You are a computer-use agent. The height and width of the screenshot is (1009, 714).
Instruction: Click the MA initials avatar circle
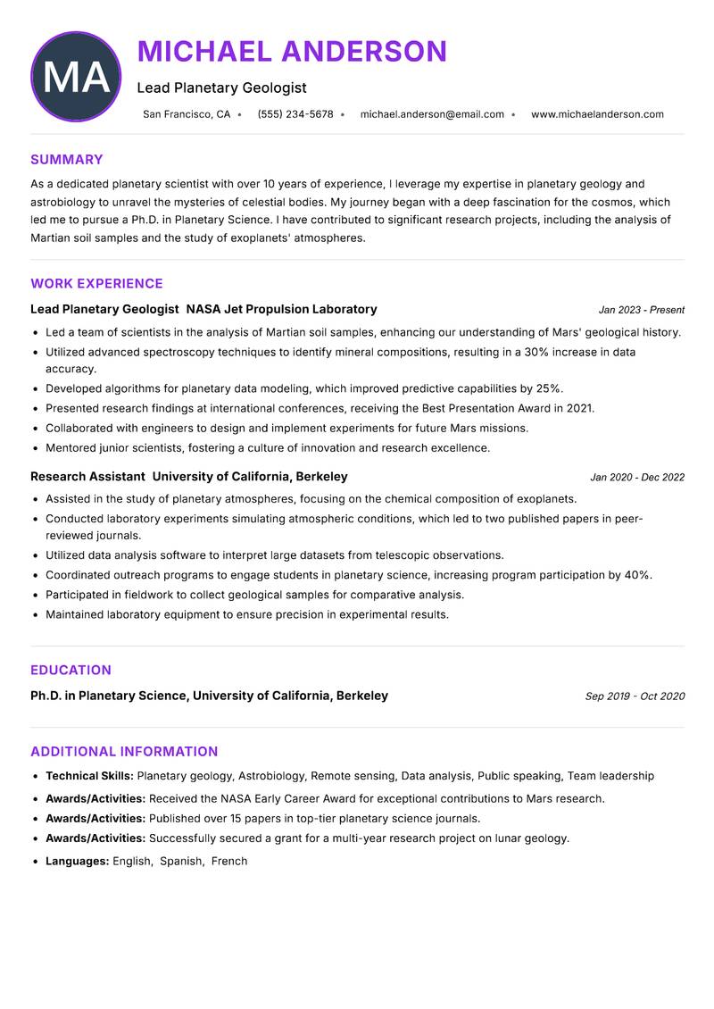tap(76, 77)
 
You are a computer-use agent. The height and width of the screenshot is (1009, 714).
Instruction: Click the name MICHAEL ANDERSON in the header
tap(292, 52)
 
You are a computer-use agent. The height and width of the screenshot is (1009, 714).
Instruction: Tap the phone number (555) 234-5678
tap(295, 114)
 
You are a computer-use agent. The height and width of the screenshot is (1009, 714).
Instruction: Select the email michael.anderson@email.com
tap(432, 114)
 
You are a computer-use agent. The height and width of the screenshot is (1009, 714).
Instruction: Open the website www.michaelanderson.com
tap(597, 114)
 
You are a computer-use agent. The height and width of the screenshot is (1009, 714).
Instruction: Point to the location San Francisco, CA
tap(187, 114)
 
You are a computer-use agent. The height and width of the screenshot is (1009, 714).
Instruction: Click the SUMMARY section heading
tap(67, 160)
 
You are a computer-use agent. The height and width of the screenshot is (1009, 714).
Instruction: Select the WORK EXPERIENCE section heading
tap(96, 284)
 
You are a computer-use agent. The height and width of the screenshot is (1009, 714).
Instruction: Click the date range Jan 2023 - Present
tap(641, 310)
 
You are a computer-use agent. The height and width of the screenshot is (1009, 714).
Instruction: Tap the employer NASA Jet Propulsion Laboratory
tap(281, 309)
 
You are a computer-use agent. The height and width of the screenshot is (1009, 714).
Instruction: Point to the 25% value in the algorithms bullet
tap(548, 388)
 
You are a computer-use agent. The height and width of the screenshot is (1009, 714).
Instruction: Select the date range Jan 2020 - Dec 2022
tap(637, 478)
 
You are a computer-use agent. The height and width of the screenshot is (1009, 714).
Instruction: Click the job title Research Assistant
tap(87, 477)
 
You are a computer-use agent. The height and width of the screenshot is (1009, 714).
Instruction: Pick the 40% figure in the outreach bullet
tap(637, 575)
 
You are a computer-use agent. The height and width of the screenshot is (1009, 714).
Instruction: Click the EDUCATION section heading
tap(71, 671)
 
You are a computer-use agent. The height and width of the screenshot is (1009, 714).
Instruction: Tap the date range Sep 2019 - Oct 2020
tap(635, 696)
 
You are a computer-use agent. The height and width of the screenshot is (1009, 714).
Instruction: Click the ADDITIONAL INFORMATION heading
tap(124, 752)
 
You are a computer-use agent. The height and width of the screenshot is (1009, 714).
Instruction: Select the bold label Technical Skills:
tap(89, 776)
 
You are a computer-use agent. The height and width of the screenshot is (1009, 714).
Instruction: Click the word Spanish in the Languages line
tap(180, 862)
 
